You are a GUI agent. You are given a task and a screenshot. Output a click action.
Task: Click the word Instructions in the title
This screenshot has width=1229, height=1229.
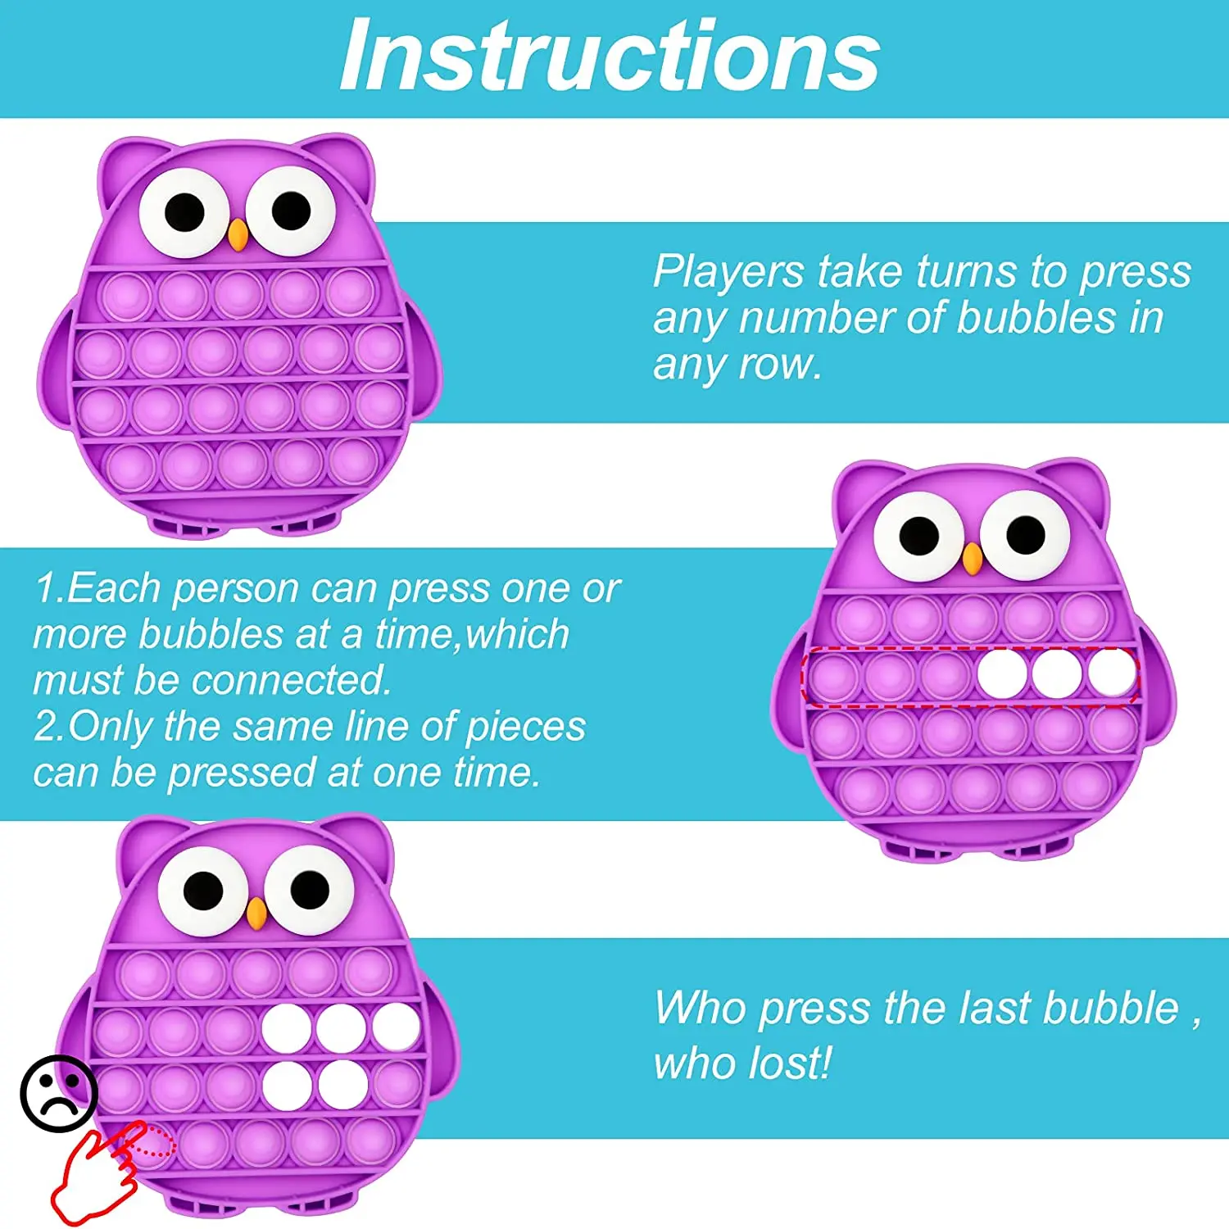click(610, 56)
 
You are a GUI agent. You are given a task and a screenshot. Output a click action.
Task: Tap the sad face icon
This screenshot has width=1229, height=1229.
click(59, 1094)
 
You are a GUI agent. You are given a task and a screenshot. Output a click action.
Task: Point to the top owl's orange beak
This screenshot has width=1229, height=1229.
click(238, 234)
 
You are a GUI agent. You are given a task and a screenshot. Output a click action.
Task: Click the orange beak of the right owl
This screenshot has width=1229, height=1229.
click(972, 559)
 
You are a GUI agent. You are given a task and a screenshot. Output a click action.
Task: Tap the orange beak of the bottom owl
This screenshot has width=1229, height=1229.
click(256, 913)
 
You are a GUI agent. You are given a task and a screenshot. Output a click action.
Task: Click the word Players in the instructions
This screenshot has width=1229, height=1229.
click(728, 271)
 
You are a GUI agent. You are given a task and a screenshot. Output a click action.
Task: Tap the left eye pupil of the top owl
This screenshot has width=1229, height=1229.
click(184, 213)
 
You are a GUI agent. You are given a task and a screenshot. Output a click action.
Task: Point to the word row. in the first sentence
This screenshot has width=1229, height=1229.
click(780, 364)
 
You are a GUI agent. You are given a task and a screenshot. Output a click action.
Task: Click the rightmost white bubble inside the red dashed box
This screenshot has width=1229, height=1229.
click(1112, 673)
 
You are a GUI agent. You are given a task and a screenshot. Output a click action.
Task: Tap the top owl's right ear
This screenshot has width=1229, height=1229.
click(344, 164)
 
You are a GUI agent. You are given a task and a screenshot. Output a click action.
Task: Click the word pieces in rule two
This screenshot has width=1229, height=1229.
click(525, 726)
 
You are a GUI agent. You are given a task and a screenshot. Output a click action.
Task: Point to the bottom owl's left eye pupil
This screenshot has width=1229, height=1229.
click(203, 890)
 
